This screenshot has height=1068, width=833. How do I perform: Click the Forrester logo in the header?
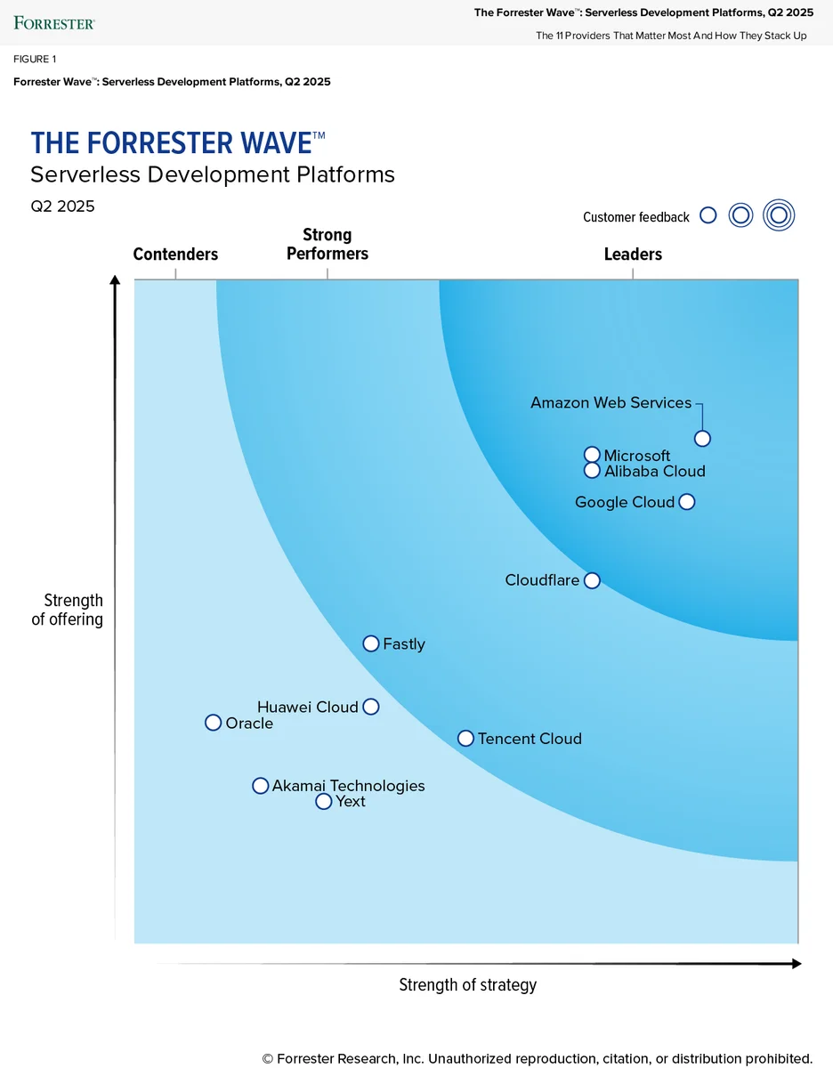[x=54, y=23]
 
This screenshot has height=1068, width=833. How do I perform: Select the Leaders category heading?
[x=633, y=255]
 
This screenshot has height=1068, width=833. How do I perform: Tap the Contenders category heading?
[x=175, y=255]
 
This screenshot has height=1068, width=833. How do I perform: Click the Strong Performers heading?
[x=328, y=244]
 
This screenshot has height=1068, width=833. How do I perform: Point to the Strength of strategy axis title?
[x=468, y=984]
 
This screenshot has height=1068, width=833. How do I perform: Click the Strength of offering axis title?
[x=68, y=610]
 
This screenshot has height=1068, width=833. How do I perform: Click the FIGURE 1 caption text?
[x=35, y=59]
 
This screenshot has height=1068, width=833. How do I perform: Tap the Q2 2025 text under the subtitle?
[x=62, y=206]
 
